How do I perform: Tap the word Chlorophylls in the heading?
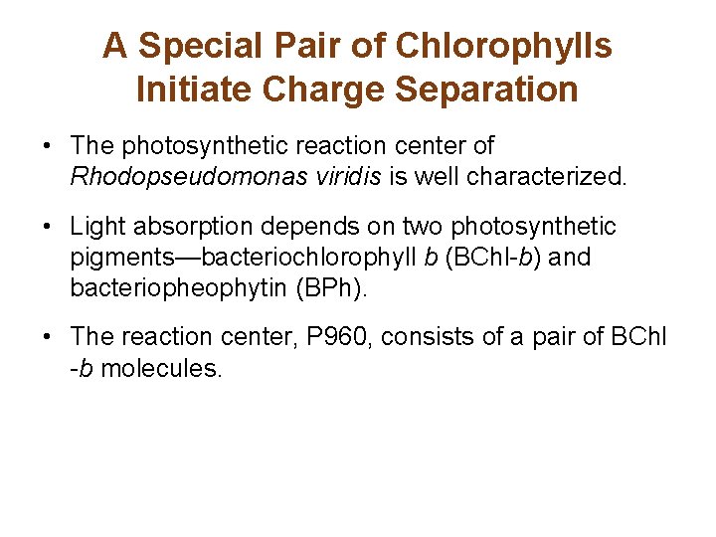point(503,46)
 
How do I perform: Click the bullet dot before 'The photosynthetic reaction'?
point(48,147)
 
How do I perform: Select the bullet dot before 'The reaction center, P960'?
point(48,339)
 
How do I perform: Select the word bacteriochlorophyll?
point(310,259)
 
